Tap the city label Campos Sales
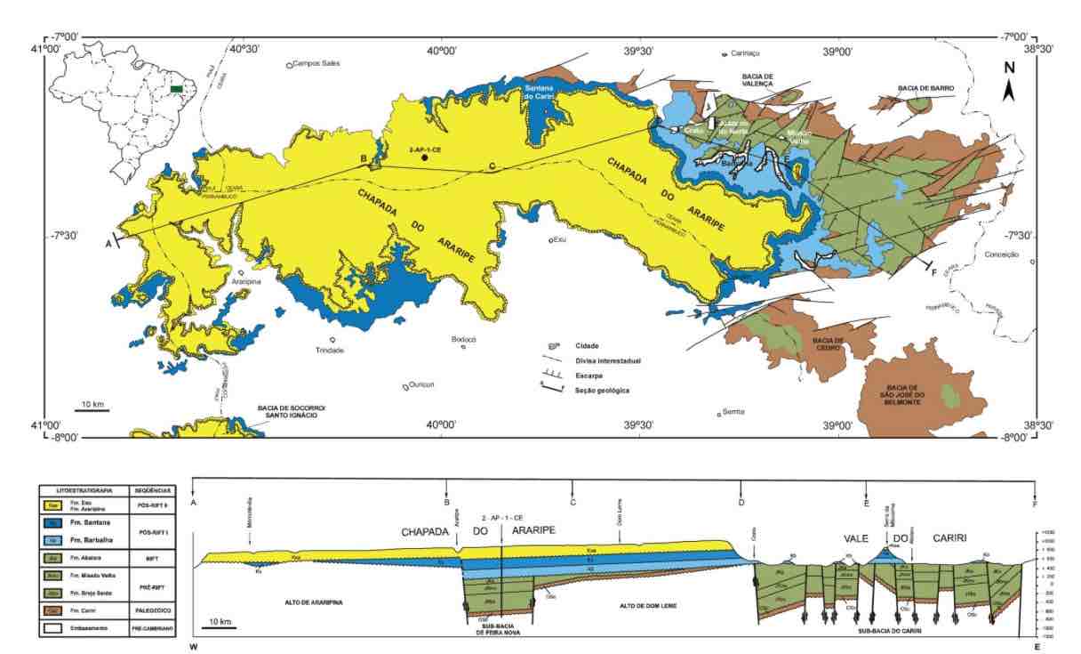(316, 64)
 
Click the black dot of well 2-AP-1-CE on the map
(425, 157)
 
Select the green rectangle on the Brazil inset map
(178, 89)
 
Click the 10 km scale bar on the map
(92, 408)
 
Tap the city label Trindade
(328, 350)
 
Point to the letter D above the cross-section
(741, 504)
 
